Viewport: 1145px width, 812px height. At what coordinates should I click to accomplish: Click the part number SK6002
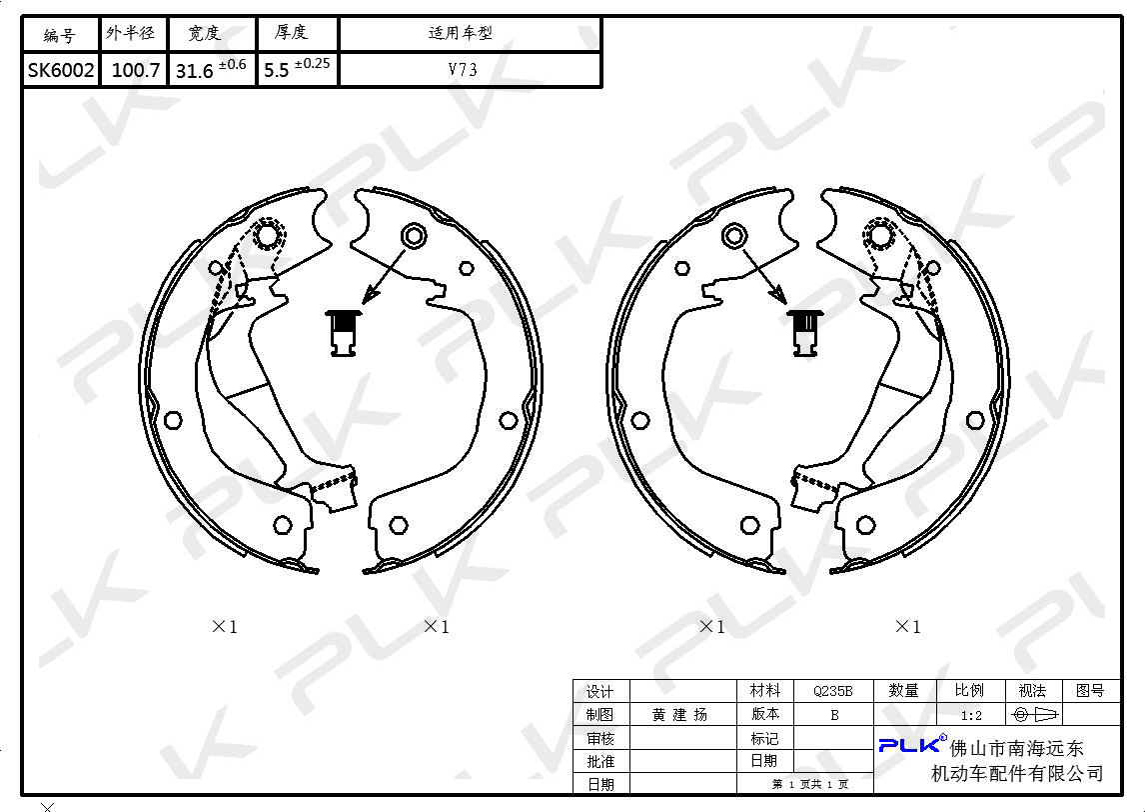(x=61, y=70)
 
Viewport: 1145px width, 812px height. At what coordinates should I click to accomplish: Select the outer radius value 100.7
(x=135, y=70)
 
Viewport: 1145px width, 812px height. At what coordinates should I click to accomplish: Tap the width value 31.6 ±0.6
(x=210, y=69)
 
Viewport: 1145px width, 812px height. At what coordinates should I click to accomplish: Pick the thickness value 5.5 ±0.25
(x=297, y=68)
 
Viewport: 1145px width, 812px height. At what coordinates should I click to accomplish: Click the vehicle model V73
(x=463, y=69)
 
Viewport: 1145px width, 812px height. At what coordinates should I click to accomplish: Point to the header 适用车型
(x=460, y=33)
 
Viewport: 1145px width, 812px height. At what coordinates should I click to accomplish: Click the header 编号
(x=59, y=35)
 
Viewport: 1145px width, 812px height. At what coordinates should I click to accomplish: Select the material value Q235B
(x=832, y=691)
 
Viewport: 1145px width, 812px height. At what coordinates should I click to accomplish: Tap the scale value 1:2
(x=971, y=716)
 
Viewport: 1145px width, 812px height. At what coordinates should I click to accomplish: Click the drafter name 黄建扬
(x=679, y=715)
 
